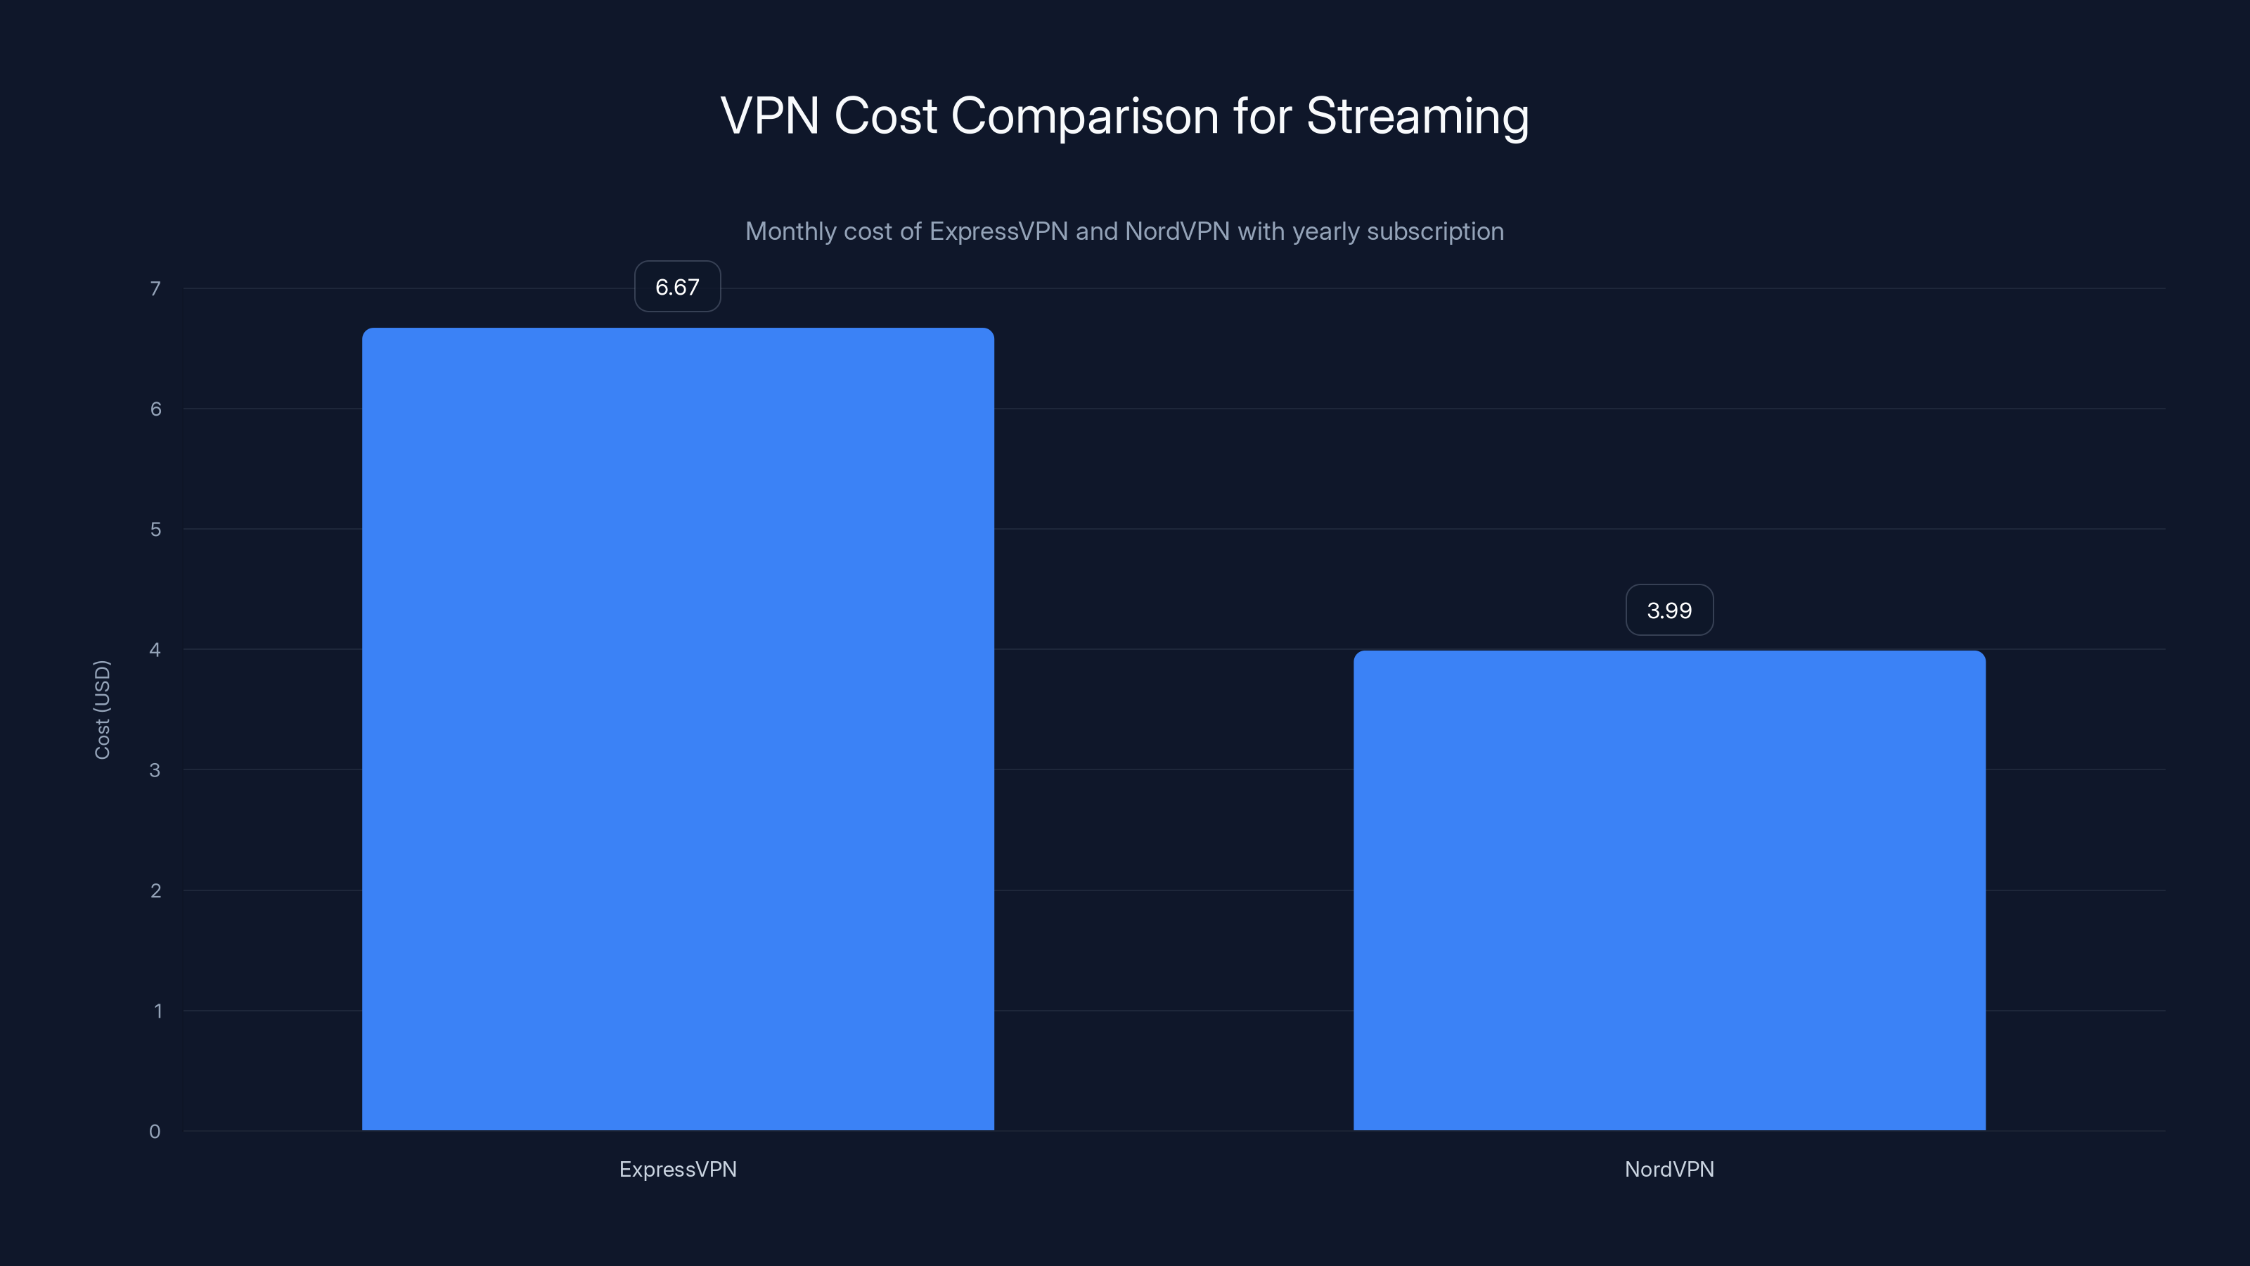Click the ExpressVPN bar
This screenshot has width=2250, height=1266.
pyautogui.click(x=678, y=729)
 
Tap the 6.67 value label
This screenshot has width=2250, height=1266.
pyautogui.click(x=677, y=286)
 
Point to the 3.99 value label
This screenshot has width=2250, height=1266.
pyautogui.click(x=1669, y=610)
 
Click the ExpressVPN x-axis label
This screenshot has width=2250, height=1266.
pyautogui.click(x=678, y=1169)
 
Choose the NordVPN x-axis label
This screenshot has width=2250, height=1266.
pyautogui.click(x=1669, y=1169)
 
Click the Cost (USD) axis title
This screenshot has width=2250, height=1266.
pyautogui.click(x=102, y=710)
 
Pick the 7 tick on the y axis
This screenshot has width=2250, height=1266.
pyautogui.click(x=155, y=288)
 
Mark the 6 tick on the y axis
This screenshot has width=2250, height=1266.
pyautogui.click(x=155, y=409)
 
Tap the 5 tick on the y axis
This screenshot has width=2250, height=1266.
pyautogui.click(x=155, y=530)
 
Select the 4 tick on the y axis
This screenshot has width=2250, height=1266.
pyautogui.click(x=155, y=649)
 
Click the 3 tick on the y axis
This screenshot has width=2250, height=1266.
pyautogui.click(x=155, y=769)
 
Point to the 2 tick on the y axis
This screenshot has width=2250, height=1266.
pyautogui.click(x=155, y=890)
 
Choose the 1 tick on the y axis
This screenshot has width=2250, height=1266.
pyautogui.click(x=157, y=1011)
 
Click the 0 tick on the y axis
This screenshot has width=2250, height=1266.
pyautogui.click(x=155, y=1132)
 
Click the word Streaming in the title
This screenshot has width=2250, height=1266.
pyautogui.click(x=1417, y=116)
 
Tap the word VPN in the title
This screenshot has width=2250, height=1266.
pyautogui.click(x=769, y=116)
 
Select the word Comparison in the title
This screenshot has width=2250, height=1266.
pyautogui.click(x=1084, y=116)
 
